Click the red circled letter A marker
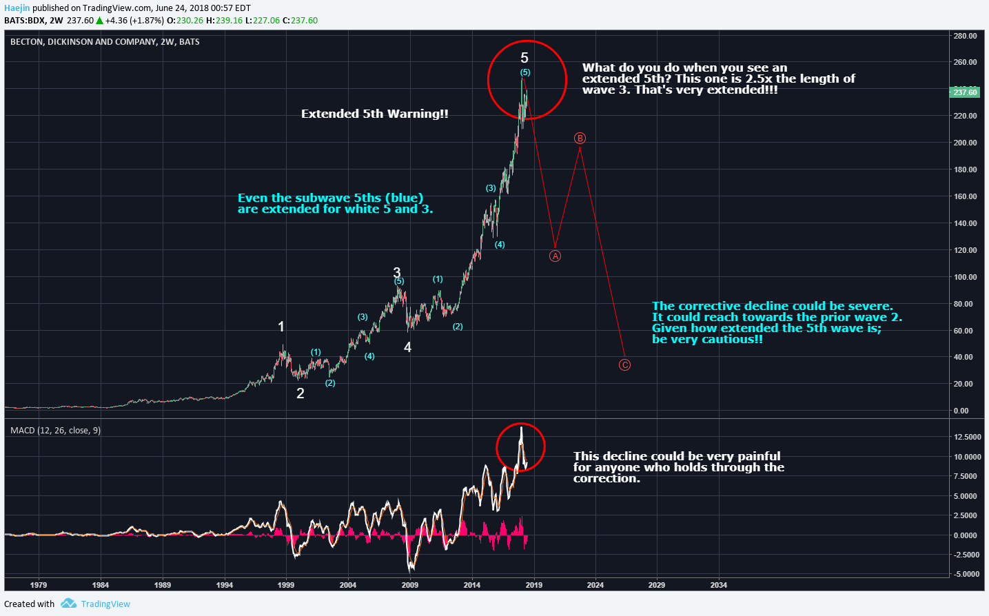[555, 256]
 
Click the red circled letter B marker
[580, 138]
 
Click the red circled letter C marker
[624, 365]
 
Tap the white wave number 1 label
[281, 327]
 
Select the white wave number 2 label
[300, 393]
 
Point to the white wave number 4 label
[408, 347]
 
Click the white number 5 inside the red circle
[524, 58]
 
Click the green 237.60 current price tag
[965, 92]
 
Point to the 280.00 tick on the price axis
[965, 36]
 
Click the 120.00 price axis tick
[965, 250]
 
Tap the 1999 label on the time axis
[286, 585]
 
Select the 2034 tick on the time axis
[718, 585]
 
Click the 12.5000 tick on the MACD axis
[968, 437]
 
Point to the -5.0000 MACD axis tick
[967, 574]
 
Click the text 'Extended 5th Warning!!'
[375, 114]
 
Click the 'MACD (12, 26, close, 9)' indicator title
[55, 430]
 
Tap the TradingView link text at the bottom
[105, 604]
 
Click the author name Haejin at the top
[17, 8]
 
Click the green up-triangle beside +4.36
[99, 21]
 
